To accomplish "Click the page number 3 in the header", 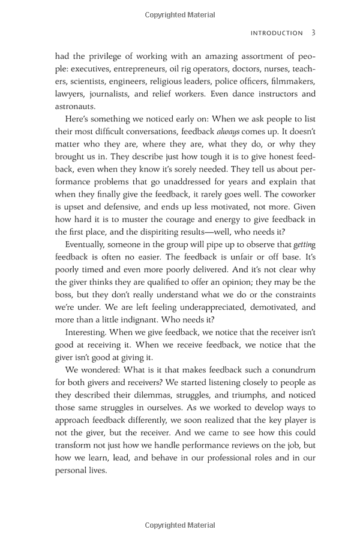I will point(313,33).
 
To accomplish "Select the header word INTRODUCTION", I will point(277,34).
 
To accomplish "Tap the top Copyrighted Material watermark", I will point(180,14).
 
